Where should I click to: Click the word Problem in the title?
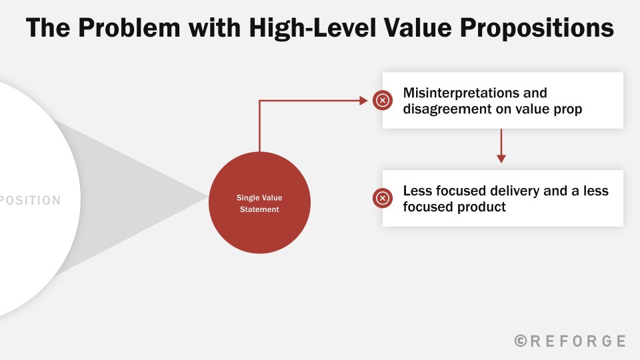129,28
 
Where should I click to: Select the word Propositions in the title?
537,29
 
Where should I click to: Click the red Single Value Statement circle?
259,203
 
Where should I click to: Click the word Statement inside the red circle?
259,209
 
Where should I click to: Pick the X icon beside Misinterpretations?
383,100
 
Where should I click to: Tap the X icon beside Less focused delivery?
383,198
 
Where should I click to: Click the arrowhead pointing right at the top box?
364,101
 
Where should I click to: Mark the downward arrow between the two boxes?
501,146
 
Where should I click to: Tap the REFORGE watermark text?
577,341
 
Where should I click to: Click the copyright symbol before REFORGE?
521,341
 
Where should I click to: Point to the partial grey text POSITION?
30,201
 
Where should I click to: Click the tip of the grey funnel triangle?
208,197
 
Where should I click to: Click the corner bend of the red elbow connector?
259,101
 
